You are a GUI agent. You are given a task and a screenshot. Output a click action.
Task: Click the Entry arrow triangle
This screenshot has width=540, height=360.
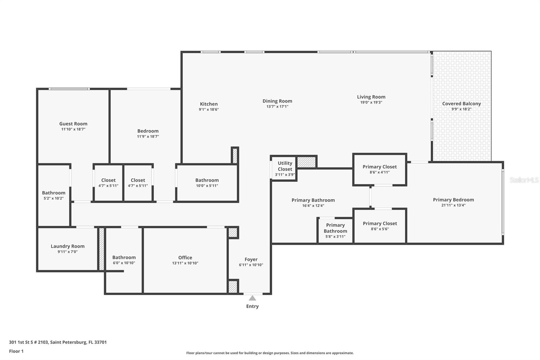pyautogui.click(x=252, y=298)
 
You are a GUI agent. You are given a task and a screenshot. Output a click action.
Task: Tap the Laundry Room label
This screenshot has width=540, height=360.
pyautogui.click(x=67, y=246)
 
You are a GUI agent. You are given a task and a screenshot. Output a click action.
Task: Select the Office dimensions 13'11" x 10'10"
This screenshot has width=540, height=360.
pyautogui.click(x=185, y=263)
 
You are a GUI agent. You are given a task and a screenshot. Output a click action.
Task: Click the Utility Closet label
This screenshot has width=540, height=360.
pyautogui.click(x=285, y=166)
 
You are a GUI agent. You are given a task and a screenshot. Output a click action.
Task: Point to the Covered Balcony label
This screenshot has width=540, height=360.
pyautogui.click(x=461, y=104)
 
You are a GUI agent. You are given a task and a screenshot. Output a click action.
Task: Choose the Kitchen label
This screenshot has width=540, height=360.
pyautogui.click(x=209, y=104)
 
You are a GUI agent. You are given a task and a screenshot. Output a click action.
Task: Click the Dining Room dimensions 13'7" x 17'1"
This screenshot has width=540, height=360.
pyautogui.click(x=277, y=106)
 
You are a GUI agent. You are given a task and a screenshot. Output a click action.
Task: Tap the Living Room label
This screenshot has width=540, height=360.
pyautogui.click(x=371, y=97)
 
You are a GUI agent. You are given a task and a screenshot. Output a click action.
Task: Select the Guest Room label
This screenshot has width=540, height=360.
pyautogui.click(x=73, y=124)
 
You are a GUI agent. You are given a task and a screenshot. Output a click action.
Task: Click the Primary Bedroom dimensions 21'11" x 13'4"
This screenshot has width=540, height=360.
pyautogui.click(x=453, y=205)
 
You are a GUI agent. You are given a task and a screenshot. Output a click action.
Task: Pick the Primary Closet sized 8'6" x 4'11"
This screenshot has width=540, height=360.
pyautogui.click(x=379, y=169)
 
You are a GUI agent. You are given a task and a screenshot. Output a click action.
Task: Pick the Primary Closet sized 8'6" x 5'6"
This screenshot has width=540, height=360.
pyautogui.click(x=380, y=226)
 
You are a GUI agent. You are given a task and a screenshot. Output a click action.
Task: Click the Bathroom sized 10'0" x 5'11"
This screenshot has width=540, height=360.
pyautogui.click(x=207, y=182)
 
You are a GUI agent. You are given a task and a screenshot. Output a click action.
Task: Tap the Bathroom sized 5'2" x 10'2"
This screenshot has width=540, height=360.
pyautogui.click(x=54, y=195)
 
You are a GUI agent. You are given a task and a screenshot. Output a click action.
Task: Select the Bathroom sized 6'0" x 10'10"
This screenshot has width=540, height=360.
pyautogui.click(x=124, y=260)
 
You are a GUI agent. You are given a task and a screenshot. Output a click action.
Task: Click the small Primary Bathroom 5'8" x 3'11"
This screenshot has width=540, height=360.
pyautogui.click(x=335, y=230)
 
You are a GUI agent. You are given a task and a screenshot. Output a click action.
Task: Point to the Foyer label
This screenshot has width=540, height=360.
pyautogui.click(x=251, y=259)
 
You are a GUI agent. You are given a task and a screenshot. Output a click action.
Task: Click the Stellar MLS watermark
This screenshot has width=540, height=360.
pyautogui.click(x=524, y=180)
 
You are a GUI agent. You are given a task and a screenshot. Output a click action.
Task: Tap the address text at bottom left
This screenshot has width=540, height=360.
pyautogui.click(x=58, y=342)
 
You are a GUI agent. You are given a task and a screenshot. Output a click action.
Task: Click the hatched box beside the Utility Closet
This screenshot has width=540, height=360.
pyautogui.click(x=306, y=162)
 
